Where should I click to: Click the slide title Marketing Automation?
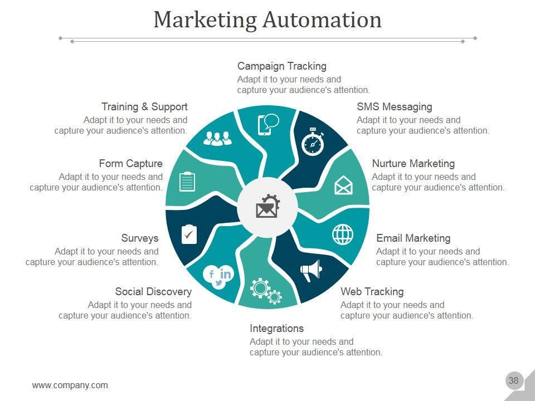click(267, 20)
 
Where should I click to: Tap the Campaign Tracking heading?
click(281, 66)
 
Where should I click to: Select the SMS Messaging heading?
click(394, 106)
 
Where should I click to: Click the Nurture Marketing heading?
click(413, 164)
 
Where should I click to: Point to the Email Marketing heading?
click(413, 238)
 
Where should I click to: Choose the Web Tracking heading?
click(372, 292)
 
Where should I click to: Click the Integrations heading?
click(276, 329)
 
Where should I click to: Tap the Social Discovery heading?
click(153, 292)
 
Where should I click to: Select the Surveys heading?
click(140, 238)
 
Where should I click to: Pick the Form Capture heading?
click(131, 164)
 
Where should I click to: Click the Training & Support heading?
click(144, 106)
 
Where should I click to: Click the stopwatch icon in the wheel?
click(313, 142)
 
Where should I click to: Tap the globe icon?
click(343, 234)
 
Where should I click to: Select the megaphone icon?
click(311, 270)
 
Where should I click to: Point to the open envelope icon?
click(343, 185)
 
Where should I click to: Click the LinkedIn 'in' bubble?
click(226, 273)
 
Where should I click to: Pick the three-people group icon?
click(217, 138)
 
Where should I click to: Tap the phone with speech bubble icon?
click(268, 124)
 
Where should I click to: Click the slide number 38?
click(513, 381)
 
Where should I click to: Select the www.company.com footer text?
click(70, 385)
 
